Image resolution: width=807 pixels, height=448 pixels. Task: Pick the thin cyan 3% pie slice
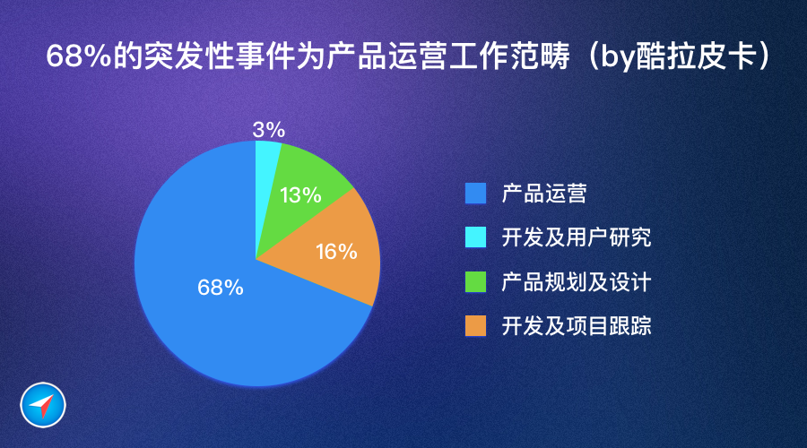(x=265, y=154)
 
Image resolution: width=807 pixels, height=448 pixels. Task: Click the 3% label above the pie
(x=269, y=130)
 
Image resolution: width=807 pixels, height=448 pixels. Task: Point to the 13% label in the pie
(x=300, y=195)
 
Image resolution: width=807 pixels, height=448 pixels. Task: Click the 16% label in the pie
(x=336, y=252)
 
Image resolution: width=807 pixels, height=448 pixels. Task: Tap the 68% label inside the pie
(x=221, y=288)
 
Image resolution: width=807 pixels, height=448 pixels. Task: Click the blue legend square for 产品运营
(x=475, y=194)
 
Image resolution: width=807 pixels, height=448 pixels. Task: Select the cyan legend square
(x=475, y=237)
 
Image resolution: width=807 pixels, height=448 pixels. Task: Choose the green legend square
(x=475, y=282)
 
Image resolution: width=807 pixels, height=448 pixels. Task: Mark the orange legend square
(x=475, y=325)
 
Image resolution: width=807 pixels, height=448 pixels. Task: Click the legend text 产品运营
(x=544, y=194)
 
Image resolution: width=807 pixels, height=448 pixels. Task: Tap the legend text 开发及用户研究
(x=577, y=237)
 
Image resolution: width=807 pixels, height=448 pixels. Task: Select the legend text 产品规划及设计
(x=577, y=282)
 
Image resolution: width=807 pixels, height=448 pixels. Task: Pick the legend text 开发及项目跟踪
(x=577, y=325)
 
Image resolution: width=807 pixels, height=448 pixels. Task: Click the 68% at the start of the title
(x=79, y=56)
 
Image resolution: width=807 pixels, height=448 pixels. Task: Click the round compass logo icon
(x=43, y=405)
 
